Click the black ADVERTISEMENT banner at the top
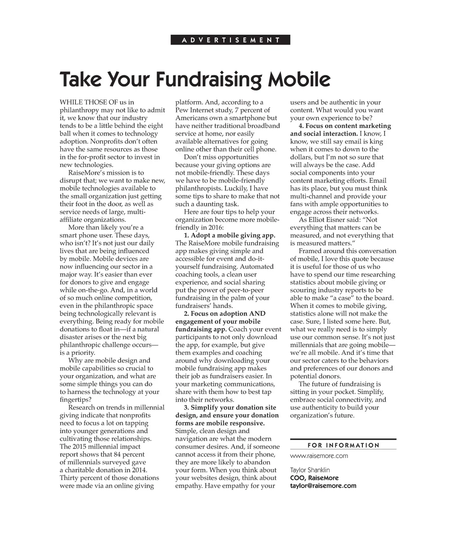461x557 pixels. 230,40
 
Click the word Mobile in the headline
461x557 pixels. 299,79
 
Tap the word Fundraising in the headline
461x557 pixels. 208,79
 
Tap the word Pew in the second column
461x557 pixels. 181,110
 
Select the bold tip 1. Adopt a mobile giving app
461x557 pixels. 230,235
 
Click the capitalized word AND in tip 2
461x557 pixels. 258,313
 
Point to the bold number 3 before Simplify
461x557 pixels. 186,408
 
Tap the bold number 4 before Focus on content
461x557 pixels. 301,126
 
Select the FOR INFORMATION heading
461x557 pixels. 343,445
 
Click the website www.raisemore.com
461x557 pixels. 319,456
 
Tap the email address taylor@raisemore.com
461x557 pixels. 323,485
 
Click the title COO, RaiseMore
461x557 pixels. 314,478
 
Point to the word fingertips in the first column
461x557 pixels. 76,399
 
